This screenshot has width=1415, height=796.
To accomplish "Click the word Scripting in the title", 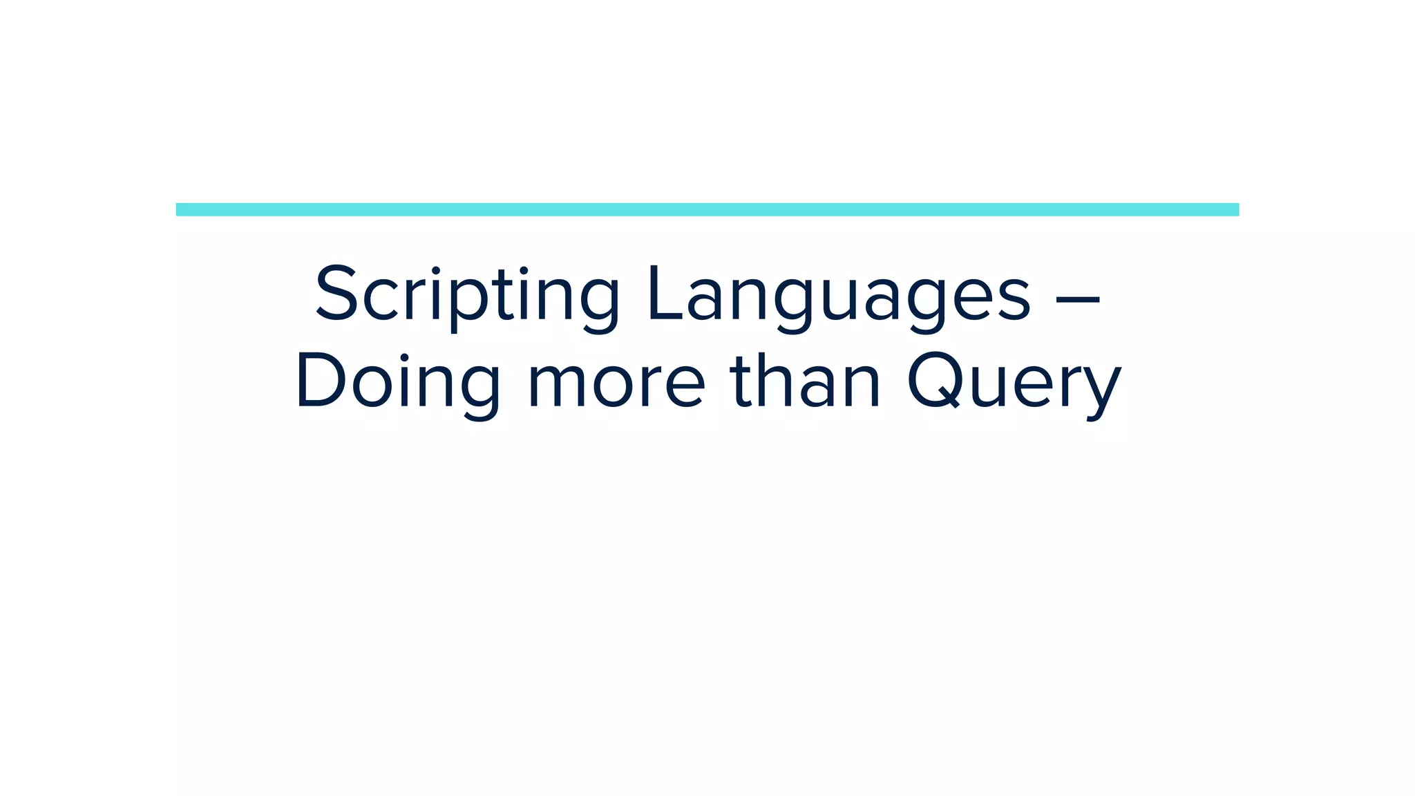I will point(467,295).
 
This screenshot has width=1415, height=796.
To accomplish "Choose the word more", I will point(616,383).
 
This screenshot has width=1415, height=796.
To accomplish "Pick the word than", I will point(805,381).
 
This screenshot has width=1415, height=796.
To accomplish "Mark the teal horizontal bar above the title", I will point(707,209).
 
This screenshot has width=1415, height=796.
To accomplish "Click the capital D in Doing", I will point(320,380).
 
